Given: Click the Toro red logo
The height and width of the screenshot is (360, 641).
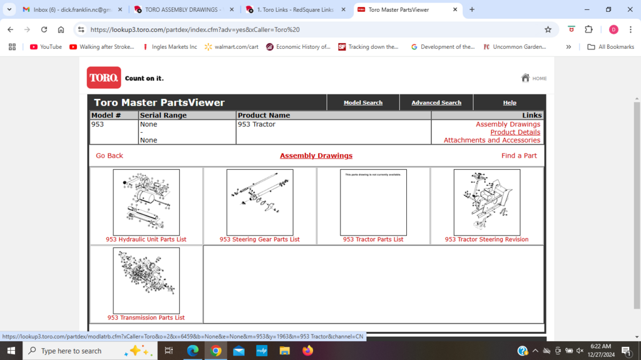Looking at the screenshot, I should coord(104,78).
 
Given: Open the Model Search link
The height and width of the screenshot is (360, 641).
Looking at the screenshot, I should coord(363,103).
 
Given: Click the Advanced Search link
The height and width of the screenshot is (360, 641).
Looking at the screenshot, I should coord(436,103).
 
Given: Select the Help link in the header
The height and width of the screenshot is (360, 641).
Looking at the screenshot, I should coord(510,103).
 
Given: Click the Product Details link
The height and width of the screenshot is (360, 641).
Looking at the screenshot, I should coord(515,132).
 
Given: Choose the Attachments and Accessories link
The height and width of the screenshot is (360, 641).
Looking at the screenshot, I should coord(492,140).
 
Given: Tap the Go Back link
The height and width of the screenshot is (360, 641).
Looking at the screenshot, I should coord(110,156).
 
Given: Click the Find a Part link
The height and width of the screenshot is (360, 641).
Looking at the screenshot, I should coord(519,156).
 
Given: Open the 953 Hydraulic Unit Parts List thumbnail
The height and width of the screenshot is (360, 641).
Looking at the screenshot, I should coord(146,202).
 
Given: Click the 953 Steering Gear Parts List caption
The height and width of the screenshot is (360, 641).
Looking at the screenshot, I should coord(260,240).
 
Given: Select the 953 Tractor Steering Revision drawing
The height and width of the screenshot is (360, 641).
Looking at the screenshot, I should coord(486,202).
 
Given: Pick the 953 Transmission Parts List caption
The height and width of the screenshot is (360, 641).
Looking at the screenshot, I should coord(146,318).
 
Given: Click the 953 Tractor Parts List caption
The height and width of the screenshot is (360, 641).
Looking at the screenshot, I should coord(373,240).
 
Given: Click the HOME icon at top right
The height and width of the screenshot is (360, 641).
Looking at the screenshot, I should coord(526,78).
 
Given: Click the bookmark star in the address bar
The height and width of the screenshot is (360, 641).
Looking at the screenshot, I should coord(548,29).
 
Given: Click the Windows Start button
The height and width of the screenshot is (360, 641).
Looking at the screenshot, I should coord(11,351).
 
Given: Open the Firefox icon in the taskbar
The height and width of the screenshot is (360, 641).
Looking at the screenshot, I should coord(307,351).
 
